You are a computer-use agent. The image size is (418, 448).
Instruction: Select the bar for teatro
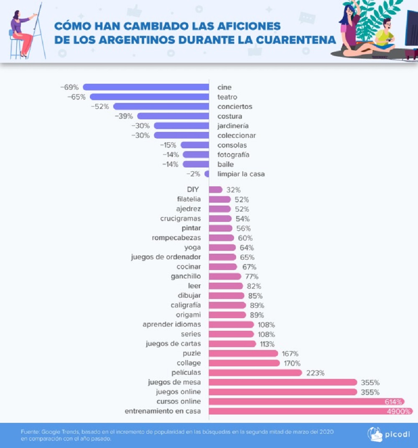pyautogui.click(x=150, y=97)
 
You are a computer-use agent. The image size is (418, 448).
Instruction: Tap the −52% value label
pyautogui.click(x=100, y=106)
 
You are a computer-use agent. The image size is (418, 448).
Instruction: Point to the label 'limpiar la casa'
pyautogui.click(x=241, y=174)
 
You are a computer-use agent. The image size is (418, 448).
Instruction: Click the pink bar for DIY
pyautogui.click(x=216, y=190)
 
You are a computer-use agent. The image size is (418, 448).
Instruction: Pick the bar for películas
pyautogui.click(x=255, y=373)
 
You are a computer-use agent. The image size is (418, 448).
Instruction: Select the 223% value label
pyautogui.click(x=316, y=373)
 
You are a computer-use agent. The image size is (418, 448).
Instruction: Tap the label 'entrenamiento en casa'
pyautogui.click(x=163, y=411)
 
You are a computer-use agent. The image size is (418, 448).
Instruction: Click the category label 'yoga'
pyautogui.click(x=192, y=247)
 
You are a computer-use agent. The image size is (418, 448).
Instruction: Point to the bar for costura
pyautogui.click(x=173, y=116)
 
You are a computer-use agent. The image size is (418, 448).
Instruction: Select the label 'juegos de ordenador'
pyautogui.click(x=166, y=257)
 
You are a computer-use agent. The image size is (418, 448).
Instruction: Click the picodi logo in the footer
pyautogui.click(x=383, y=434)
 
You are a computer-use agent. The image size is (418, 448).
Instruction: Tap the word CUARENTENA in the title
pyautogui.click(x=296, y=40)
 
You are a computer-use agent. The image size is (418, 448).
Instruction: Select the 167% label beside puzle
pyautogui.click(x=290, y=353)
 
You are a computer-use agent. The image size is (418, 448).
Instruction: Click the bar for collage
pyautogui.click(x=244, y=363)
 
